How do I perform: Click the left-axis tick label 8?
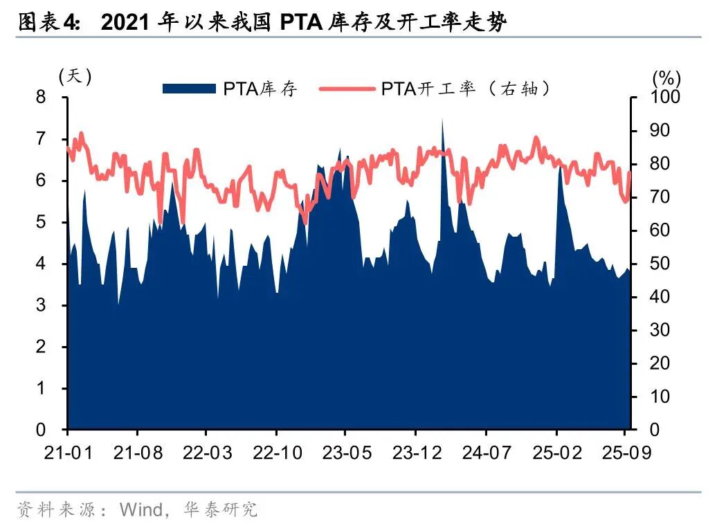click(x=41, y=98)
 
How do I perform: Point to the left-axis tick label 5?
click(x=41, y=222)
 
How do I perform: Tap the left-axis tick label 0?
click(x=41, y=430)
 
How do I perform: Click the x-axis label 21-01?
click(x=68, y=453)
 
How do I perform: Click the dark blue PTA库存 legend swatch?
click(x=189, y=89)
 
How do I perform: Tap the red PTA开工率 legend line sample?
click(x=345, y=89)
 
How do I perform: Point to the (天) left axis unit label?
click(x=75, y=76)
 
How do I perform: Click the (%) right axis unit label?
click(x=666, y=76)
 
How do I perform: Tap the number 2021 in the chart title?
click(x=125, y=23)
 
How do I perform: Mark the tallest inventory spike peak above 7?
click(x=442, y=119)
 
